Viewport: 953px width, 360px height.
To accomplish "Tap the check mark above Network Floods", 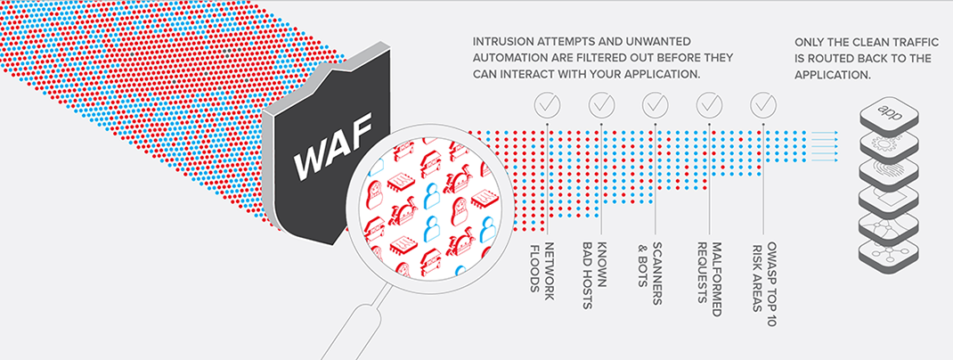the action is point(547,105).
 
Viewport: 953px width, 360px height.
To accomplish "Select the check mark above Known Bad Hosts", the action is point(601,105).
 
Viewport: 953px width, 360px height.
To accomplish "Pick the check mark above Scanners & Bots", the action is point(656,105).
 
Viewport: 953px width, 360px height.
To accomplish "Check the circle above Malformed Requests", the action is point(709,105).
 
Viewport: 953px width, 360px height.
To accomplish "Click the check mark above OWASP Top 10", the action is point(763,105).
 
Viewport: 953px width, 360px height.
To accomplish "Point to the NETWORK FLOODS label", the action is point(541,267).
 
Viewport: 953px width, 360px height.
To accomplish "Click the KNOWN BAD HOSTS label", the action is point(594,274).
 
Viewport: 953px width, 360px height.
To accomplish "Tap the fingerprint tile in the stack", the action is point(887,170).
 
